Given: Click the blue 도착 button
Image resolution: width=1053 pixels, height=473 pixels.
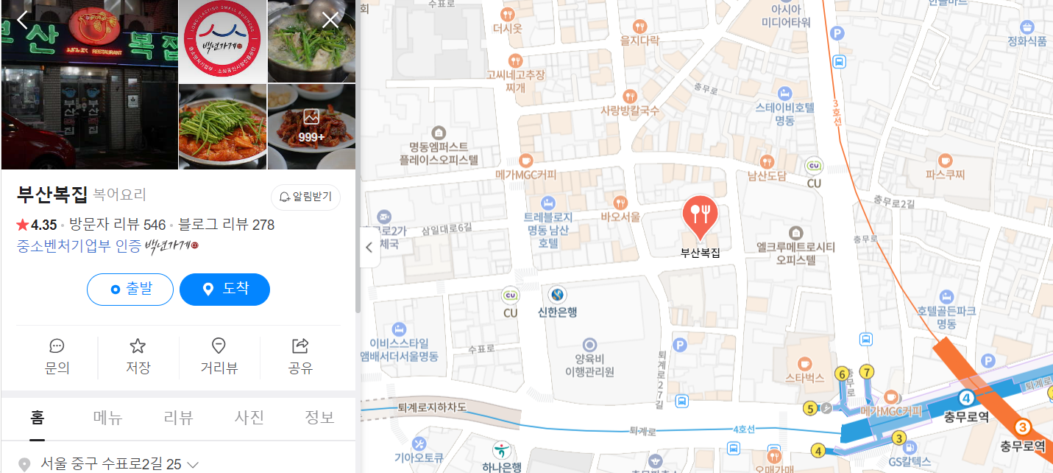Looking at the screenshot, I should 224,290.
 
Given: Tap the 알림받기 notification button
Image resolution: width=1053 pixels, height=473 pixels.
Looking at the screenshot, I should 305,197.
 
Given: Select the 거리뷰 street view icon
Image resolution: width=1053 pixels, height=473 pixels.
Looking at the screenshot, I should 219,346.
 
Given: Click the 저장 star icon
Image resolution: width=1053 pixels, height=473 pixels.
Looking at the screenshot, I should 138,346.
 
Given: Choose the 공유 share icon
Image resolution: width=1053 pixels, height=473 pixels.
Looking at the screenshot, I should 300,346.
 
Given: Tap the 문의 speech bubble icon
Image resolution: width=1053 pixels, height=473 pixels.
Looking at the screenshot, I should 57,346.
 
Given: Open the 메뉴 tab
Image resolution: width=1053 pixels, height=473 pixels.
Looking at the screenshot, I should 108,418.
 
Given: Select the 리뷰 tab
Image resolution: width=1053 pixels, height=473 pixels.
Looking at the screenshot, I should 179,418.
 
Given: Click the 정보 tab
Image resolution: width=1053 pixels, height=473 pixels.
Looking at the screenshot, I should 319,418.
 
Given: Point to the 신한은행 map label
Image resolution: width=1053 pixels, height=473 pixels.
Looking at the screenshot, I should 557,312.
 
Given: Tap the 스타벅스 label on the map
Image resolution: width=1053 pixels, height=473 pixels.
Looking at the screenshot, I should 804,378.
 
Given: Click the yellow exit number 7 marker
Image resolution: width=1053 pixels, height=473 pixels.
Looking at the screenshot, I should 867,371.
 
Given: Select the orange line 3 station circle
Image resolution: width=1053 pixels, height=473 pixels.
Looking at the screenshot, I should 1021,427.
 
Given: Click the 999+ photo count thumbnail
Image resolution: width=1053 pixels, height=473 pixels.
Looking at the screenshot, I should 311,126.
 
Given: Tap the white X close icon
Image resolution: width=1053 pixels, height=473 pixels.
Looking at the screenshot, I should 330,20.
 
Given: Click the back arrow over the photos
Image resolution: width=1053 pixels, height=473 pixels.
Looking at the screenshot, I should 23,20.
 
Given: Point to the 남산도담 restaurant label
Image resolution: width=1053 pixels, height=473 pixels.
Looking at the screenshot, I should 767,176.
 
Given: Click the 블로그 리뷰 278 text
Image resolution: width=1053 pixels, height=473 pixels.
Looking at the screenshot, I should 226,225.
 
